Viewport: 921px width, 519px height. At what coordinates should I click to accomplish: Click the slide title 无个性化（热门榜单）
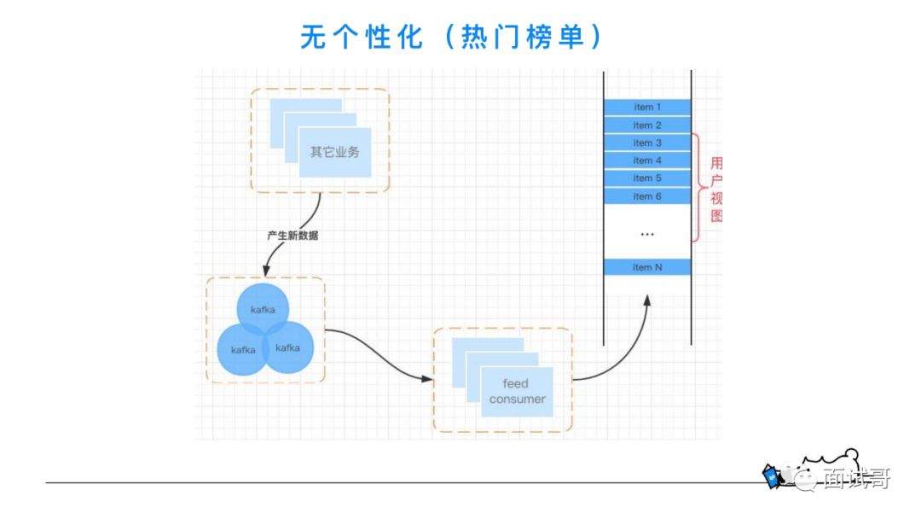pos(452,37)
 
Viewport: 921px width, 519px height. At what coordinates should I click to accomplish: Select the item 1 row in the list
pos(647,108)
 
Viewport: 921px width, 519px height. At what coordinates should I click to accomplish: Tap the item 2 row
pos(647,125)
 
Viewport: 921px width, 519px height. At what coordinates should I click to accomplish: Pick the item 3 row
pos(647,143)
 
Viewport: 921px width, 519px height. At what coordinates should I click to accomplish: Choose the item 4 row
pos(647,160)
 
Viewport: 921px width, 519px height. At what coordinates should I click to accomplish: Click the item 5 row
pos(647,178)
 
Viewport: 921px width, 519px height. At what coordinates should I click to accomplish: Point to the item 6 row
pos(647,196)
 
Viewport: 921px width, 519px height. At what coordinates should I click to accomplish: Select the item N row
pos(647,267)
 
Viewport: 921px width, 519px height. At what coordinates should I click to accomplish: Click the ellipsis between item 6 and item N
pos(647,233)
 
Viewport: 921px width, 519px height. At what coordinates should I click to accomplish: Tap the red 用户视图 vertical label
pos(716,190)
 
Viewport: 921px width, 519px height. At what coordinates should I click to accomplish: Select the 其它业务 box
pos(334,153)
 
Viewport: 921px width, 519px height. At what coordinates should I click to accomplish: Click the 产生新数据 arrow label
pos(293,236)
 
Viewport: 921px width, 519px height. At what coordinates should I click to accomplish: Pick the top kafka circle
pos(263,308)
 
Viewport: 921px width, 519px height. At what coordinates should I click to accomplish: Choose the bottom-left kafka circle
pos(244,350)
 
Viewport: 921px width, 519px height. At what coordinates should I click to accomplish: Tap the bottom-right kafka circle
pos(288,347)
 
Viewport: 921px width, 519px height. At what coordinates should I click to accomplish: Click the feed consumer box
pos(517,392)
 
